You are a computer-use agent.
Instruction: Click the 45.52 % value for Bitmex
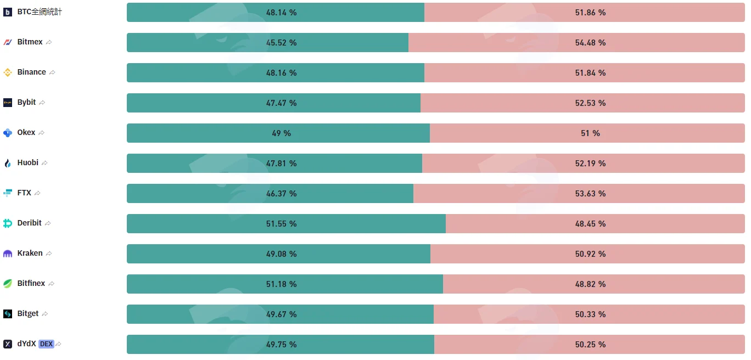click(281, 43)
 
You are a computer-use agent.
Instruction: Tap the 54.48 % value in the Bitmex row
click(590, 43)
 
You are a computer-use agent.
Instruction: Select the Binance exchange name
click(31, 72)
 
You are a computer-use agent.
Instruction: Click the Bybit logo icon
click(8, 102)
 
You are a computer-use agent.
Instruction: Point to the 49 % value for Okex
click(281, 133)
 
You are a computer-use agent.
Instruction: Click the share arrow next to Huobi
click(44, 163)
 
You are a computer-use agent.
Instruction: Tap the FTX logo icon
click(8, 193)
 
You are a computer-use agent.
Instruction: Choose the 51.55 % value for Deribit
click(281, 223)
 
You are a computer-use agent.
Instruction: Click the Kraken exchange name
click(30, 253)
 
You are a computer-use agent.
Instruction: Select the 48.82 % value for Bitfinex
click(590, 284)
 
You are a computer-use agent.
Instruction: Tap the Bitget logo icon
click(8, 314)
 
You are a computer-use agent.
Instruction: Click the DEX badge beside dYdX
click(46, 344)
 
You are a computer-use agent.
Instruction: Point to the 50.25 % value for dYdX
click(590, 344)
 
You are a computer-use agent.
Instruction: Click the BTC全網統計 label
click(40, 12)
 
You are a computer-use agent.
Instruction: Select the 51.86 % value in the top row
click(590, 13)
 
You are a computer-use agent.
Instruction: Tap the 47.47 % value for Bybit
click(281, 103)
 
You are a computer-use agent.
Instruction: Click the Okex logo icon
click(8, 133)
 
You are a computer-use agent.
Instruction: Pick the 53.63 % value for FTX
click(590, 193)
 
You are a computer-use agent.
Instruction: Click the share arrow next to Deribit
click(48, 223)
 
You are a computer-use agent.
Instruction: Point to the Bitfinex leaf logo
click(8, 284)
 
